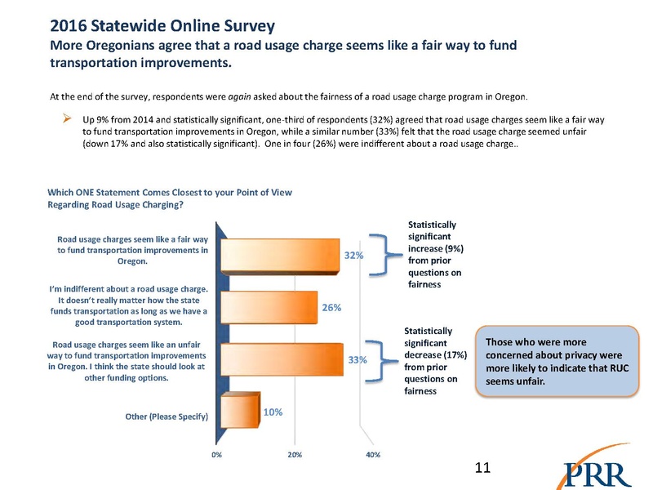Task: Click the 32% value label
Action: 353,256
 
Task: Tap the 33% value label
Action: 358,359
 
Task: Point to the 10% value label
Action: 272,412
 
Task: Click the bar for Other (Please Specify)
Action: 240,410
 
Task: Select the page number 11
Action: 482,467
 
